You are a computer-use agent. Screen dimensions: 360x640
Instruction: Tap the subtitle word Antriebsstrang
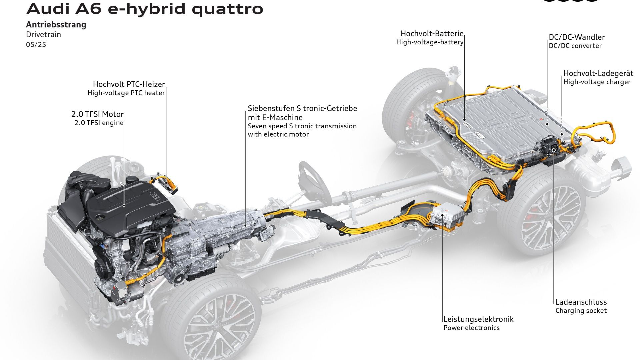coord(56,25)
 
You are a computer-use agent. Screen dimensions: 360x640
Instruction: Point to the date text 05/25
coord(36,44)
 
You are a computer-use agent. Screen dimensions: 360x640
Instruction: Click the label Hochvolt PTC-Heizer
coord(129,84)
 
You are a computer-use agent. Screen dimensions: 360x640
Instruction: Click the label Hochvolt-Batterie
coord(432,33)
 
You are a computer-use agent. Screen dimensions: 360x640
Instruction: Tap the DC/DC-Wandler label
coord(577,37)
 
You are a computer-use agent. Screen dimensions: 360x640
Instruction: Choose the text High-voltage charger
coord(597,82)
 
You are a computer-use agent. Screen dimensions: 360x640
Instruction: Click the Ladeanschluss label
coord(581,302)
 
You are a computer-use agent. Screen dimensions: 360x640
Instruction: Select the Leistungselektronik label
coord(478,319)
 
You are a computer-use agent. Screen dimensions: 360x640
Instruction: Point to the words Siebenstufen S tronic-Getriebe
coord(302,108)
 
